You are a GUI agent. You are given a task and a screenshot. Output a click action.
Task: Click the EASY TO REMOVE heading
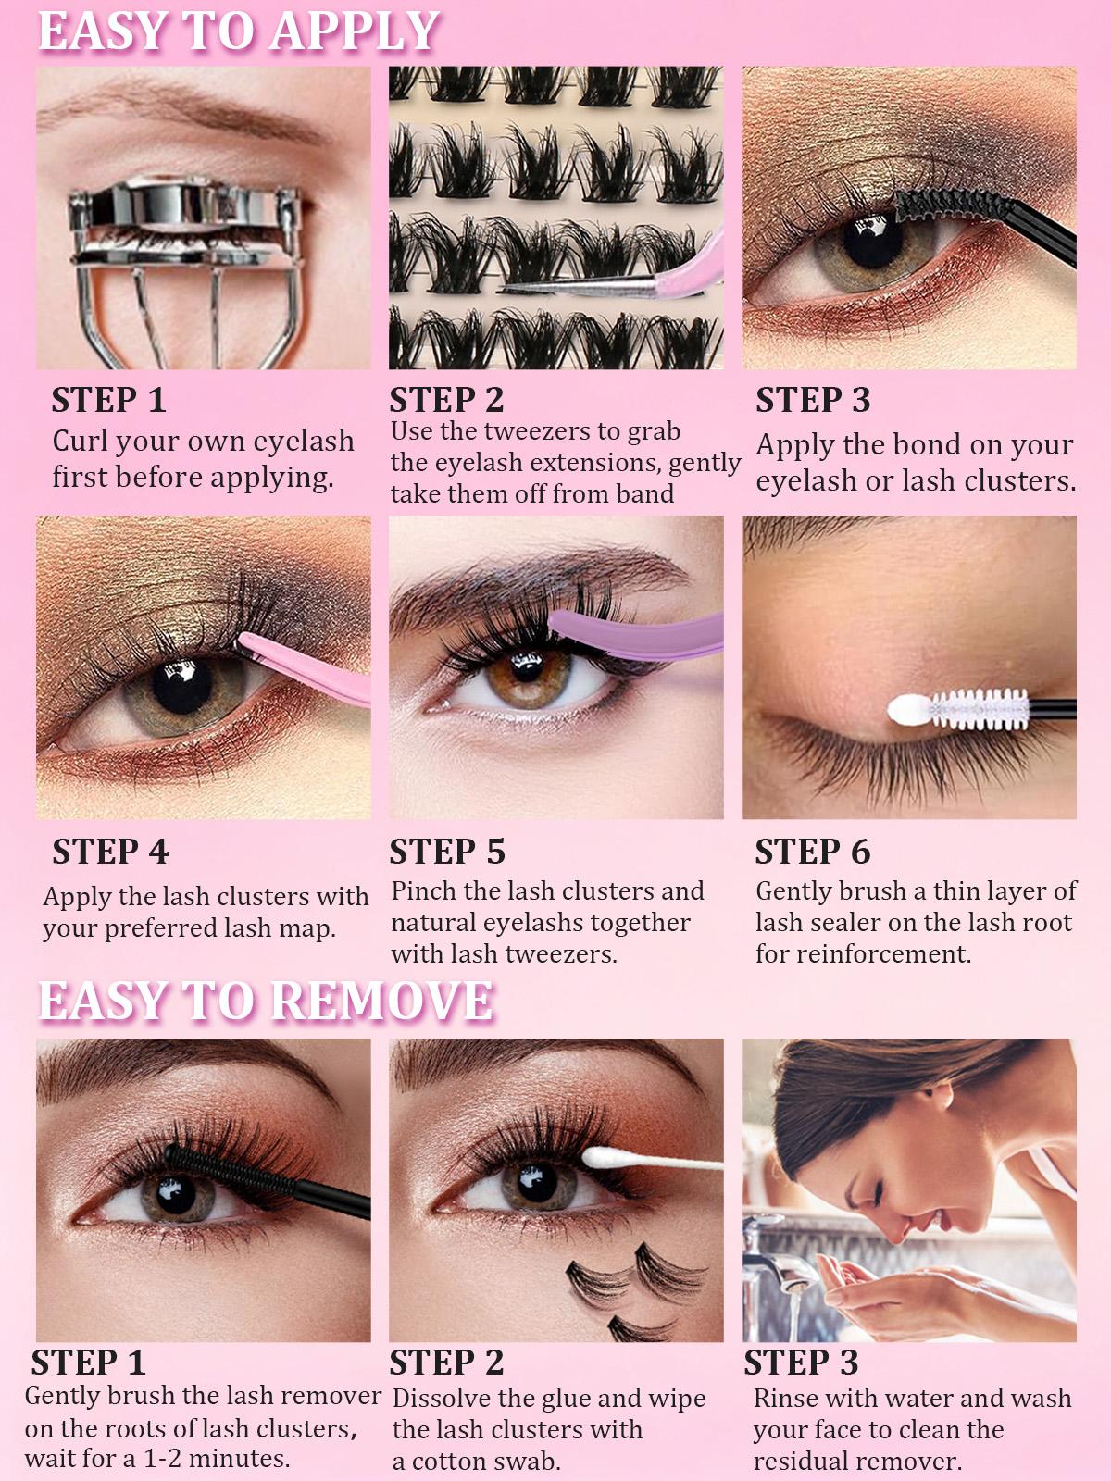(x=266, y=1001)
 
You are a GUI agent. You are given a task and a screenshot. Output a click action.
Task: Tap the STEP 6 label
(x=812, y=852)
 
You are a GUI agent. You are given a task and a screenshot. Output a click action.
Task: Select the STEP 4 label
(x=110, y=852)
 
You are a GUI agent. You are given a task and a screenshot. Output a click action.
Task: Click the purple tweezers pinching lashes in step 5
(x=639, y=634)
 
